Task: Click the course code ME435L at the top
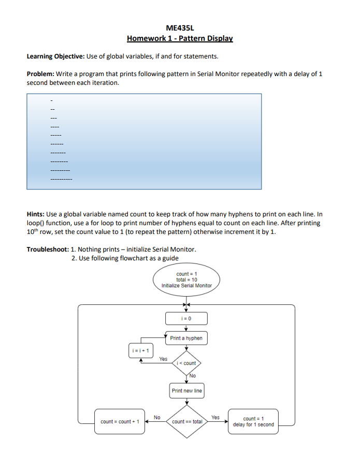[180, 28]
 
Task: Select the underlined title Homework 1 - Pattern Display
[180, 38]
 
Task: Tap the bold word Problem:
[40, 74]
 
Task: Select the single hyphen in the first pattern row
[51, 100]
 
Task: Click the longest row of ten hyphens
[61, 180]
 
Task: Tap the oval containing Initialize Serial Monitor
[186, 280]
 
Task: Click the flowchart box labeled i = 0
[186, 318]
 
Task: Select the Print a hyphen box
[186, 338]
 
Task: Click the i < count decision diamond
[186, 363]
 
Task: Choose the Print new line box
[186, 390]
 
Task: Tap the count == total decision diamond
[186, 421]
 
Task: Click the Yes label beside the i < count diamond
[163, 358]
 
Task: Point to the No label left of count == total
[157, 417]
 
